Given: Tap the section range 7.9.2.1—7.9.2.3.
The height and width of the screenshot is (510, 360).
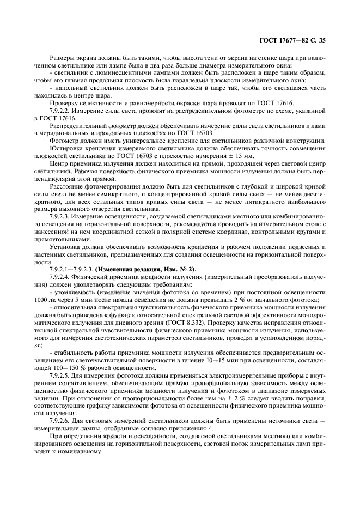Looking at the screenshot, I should tap(72, 269).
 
